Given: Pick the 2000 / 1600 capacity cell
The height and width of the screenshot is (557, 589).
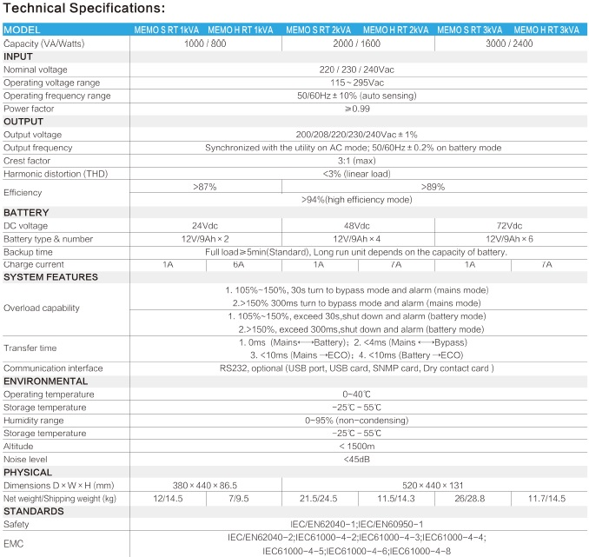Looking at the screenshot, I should tap(358, 43).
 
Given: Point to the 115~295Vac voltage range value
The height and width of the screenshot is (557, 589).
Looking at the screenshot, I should tap(358, 82).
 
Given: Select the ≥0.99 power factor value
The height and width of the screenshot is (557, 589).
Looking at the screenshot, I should tap(358, 109).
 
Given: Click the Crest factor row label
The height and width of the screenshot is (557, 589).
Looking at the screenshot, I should tap(29, 161).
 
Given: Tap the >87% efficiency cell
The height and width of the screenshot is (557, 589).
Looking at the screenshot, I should tap(205, 186).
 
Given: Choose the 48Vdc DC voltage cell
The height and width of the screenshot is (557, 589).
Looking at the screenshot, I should tap(358, 225).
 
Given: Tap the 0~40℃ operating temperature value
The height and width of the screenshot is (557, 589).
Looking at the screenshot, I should tap(358, 394).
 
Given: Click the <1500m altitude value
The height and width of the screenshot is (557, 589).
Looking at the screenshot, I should tap(358, 446).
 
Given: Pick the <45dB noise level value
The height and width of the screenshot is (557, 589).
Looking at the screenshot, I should tap(358, 459).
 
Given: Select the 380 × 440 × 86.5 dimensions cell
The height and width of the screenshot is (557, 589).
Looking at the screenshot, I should tap(205, 485).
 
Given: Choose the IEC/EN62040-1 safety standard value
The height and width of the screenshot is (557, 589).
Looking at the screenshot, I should tap(358, 524).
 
